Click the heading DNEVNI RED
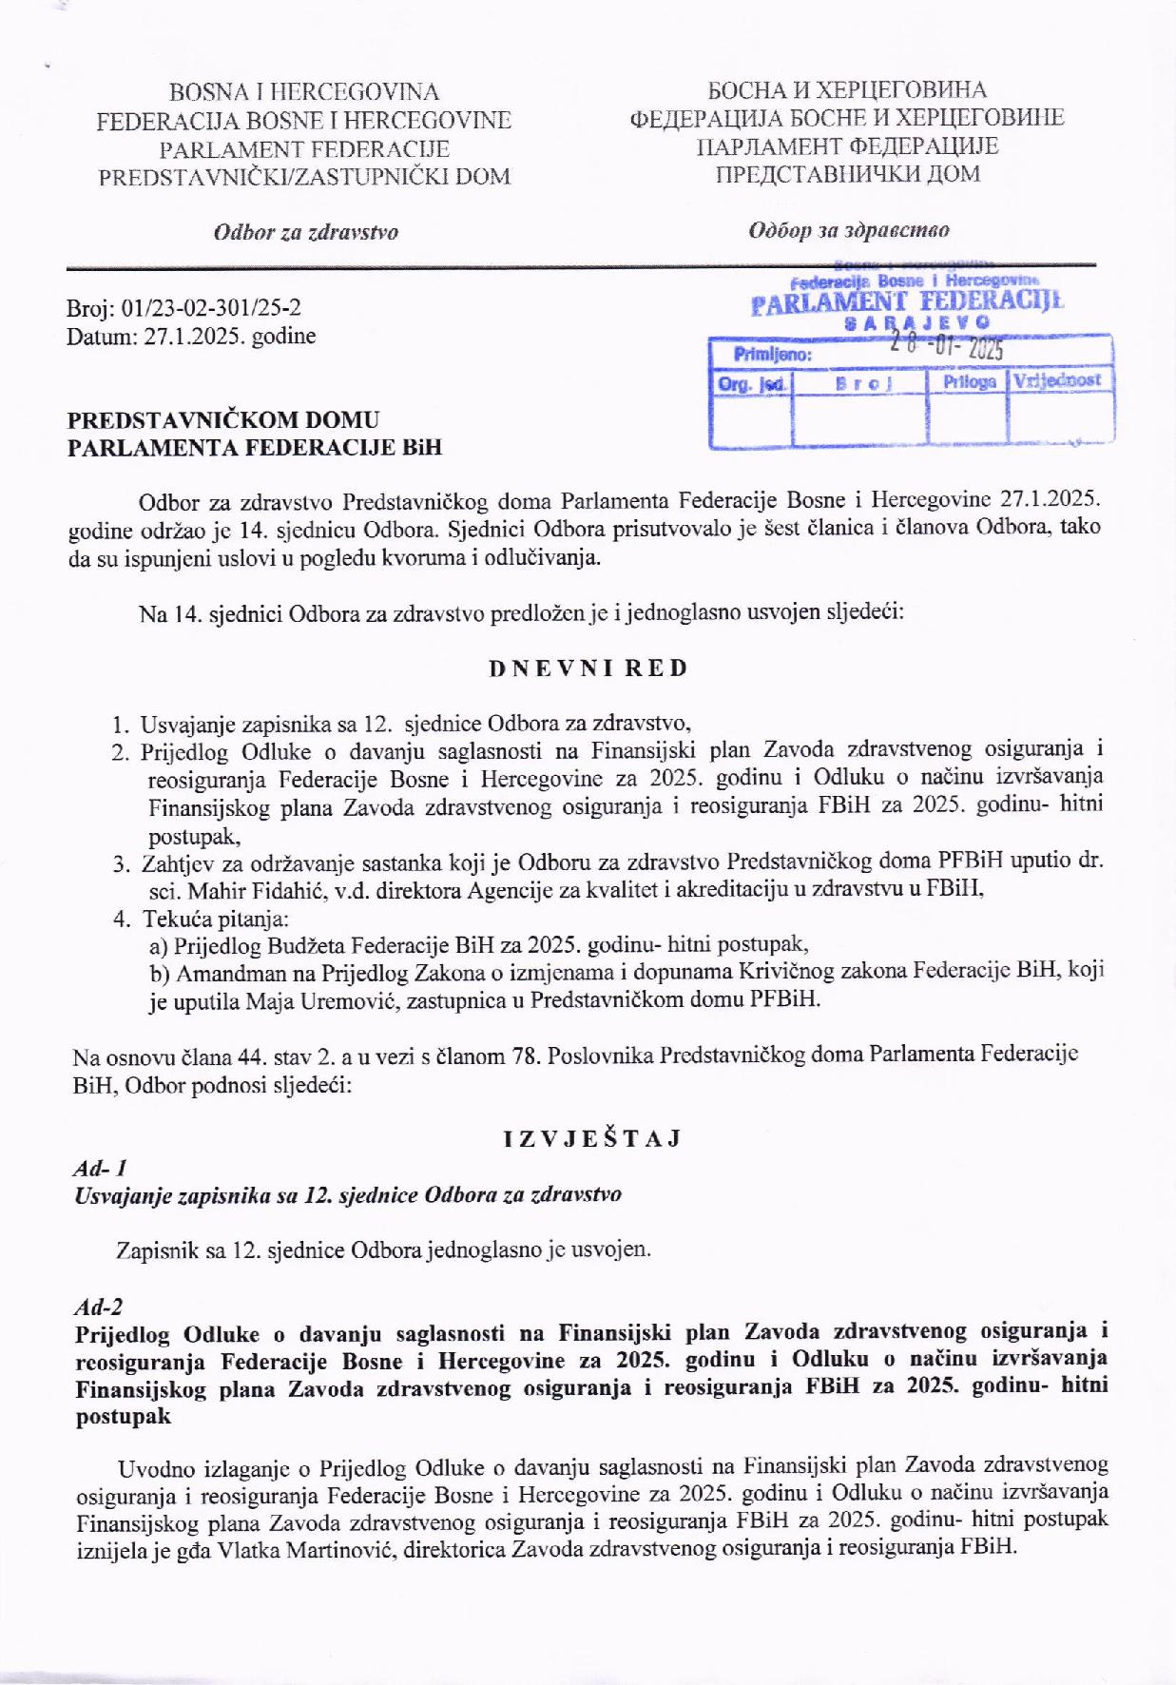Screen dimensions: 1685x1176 (588, 668)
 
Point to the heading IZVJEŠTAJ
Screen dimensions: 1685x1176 (591, 1138)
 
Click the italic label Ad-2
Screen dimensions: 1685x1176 (98, 1307)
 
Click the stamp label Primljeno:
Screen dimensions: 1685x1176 (772, 355)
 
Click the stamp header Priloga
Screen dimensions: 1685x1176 (969, 381)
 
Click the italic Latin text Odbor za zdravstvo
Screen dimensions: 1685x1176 (305, 232)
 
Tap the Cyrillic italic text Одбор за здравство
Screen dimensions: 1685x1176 (848, 230)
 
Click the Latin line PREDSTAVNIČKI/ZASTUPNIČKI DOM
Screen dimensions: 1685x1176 (304, 177)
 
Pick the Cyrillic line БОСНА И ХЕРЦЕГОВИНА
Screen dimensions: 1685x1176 (846, 90)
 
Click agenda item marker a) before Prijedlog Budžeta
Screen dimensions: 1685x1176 (159, 945)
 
